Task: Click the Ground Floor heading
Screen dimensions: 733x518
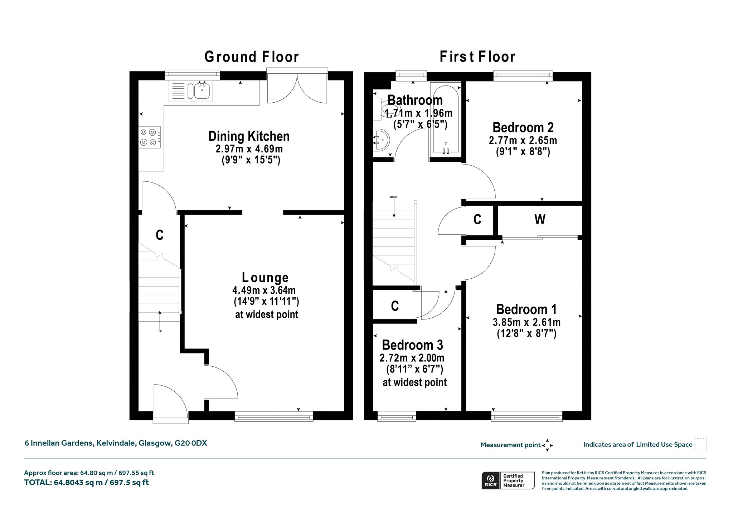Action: click(x=252, y=57)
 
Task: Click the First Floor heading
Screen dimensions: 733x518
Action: click(x=477, y=57)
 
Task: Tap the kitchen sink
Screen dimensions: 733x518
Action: click(x=192, y=91)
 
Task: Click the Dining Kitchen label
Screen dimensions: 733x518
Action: click(x=249, y=136)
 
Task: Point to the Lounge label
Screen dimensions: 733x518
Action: click(x=265, y=277)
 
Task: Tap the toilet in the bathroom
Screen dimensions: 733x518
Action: click(x=381, y=108)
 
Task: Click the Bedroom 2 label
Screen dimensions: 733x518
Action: click(x=523, y=127)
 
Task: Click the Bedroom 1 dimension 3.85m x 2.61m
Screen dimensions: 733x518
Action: click(x=526, y=322)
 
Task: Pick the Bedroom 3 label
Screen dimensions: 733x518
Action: click(x=412, y=345)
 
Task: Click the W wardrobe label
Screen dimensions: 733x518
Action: click(x=540, y=219)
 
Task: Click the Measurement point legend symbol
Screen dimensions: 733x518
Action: click(x=547, y=445)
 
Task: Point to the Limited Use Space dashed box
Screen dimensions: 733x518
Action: click(x=700, y=444)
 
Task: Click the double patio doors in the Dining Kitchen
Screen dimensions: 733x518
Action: click(x=297, y=86)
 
